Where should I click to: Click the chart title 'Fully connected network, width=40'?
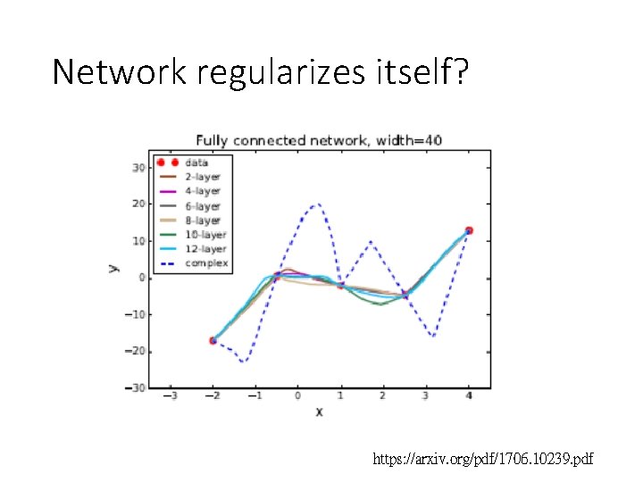319,140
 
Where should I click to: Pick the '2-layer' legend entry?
202,177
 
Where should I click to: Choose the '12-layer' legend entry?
205,249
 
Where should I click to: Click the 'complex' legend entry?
205,263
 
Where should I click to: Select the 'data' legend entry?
196,162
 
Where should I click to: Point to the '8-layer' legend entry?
202,220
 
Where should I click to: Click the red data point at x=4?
469,230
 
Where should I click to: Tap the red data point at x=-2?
213,340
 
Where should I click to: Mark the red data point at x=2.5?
405,294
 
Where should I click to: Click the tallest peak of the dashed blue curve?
317,204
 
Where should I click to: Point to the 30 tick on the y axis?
138,167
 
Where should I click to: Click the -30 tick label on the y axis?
135,387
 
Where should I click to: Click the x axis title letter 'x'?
318,411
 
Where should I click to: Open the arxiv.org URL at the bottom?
483,459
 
